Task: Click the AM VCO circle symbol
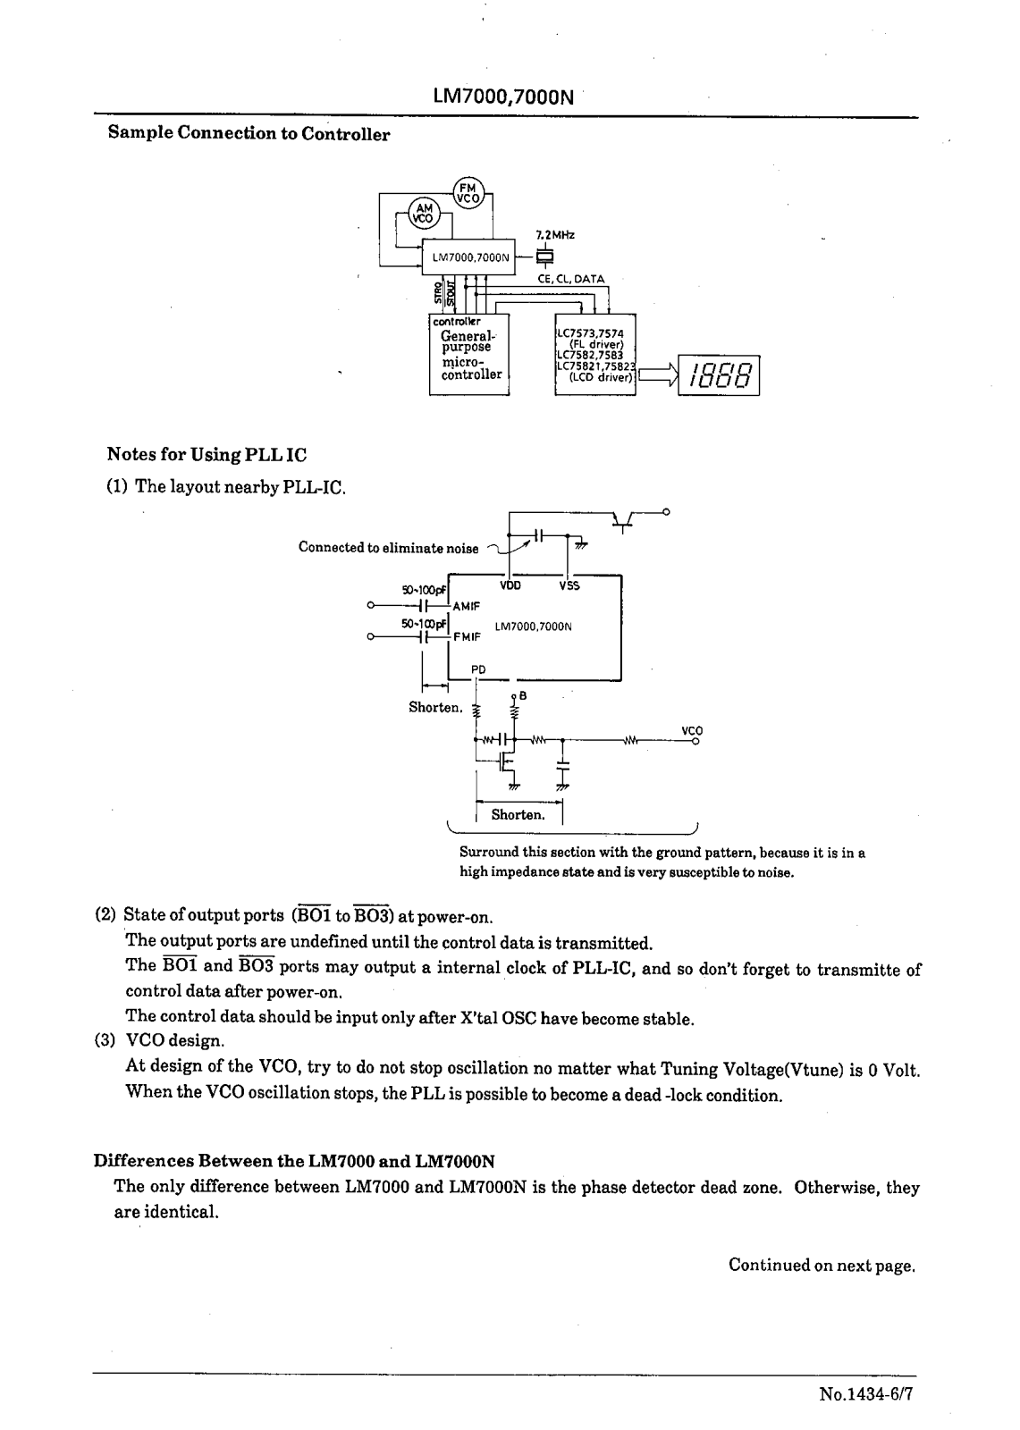pyautogui.click(x=423, y=213)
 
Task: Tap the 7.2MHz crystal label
pyautogui.click(x=555, y=235)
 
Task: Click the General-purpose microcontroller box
pyautogui.click(x=469, y=354)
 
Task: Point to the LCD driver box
pyautogui.click(x=595, y=354)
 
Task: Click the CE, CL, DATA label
pyautogui.click(x=570, y=279)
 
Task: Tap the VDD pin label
pyautogui.click(x=510, y=586)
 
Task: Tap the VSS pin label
pyautogui.click(x=569, y=586)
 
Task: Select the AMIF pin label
pyautogui.click(x=467, y=606)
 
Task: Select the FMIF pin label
pyautogui.click(x=467, y=637)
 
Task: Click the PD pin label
pyautogui.click(x=478, y=669)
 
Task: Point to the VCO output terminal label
pyautogui.click(x=692, y=730)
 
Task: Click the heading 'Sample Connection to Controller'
pyautogui.click(x=249, y=134)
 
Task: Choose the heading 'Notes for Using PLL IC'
pyautogui.click(x=207, y=455)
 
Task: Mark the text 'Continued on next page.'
pyautogui.click(x=822, y=1266)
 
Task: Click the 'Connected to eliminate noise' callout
pyautogui.click(x=388, y=548)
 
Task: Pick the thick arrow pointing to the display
pyautogui.click(x=657, y=375)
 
